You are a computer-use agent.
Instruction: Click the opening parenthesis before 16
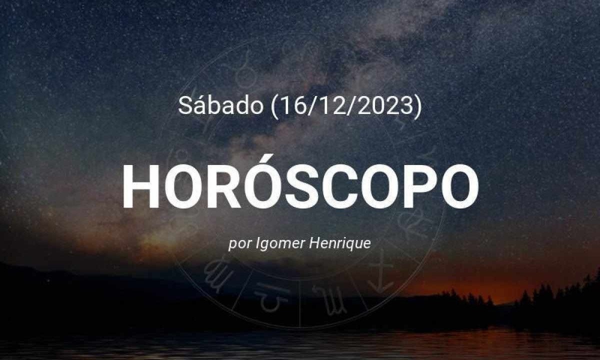tap(268, 107)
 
